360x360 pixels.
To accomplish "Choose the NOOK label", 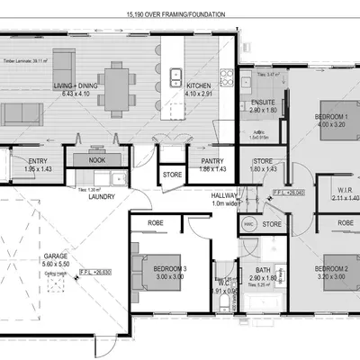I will coord(97,159).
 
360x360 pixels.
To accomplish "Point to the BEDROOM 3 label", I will coord(154,270).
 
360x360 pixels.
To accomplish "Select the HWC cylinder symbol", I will coord(249,222).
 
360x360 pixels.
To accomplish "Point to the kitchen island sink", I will coord(177,78).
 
